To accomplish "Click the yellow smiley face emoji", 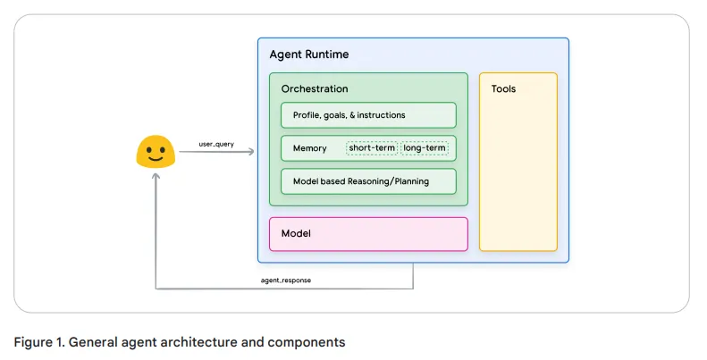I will pyautogui.click(x=155, y=152).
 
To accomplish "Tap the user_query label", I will pyautogui.click(x=216, y=143).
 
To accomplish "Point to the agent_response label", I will pyautogui.click(x=286, y=280).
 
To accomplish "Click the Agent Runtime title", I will pyautogui.click(x=309, y=54).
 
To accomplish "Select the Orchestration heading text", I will pyautogui.click(x=315, y=89).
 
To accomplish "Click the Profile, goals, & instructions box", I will pyautogui.click(x=368, y=115).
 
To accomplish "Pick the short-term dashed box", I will pyautogui.click(x=371, y=147).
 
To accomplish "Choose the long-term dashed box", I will pyautogui.click(x=425, y=147).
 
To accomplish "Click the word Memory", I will pyautogui.click(x=309, y=148).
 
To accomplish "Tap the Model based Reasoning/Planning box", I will pyautogui.click(x=368, y=181).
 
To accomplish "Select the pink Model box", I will pyautogui.click(x=368, y=233).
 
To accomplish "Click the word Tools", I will pyautogui.click(x=503, y=89).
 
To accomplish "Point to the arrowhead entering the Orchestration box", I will pyautogui.click(x=251, y=152).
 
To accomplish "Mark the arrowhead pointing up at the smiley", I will pyautogui.click(x=156, y=176).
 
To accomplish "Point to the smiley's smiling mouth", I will pyautogui.click(x=155, y=159).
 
